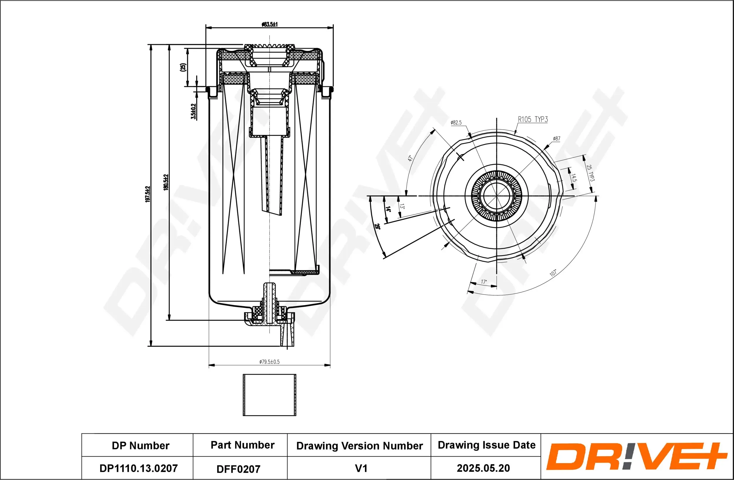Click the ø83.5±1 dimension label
click(x=270, y=24)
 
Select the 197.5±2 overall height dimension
click(x=148, y=194)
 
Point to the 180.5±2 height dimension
click(x=166, y=182)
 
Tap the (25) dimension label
click(x=183, y=67)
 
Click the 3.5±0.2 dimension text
click(x=193, y=111)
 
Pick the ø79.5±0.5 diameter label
click(x=269, y=362)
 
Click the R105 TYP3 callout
click(x=533, y=119)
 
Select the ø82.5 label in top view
click(x=456, y=123)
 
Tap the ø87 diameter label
click(x=556, y=139)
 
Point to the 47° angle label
click(x=410, y=158)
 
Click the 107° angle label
click(x=553, y=273)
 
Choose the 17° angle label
click(x=484, y=282)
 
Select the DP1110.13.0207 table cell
click(x=139, y=468)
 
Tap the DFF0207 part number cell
click(x=238, y=469)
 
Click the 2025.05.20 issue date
click(x=483, y=468)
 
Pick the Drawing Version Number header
click(x=359, y=446)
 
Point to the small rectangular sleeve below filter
click(x=269, y=395)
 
